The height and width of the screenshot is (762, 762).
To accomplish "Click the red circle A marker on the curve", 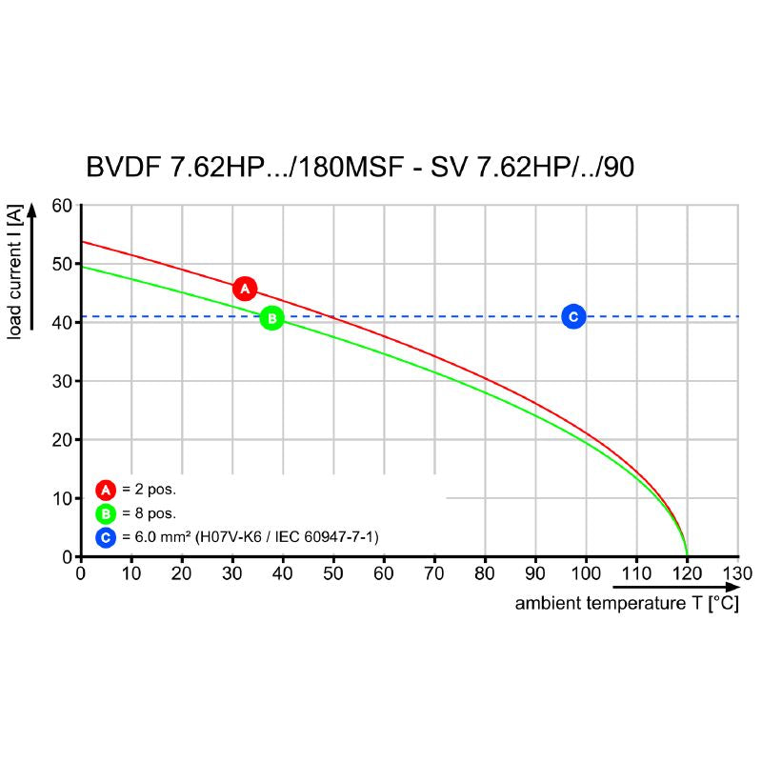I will coord(245,288).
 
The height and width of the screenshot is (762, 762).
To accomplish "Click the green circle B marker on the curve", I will coord(271,317).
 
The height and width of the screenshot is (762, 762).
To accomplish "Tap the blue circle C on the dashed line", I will coord(572,317).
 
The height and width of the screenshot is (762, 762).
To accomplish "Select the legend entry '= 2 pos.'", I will coord(150,491).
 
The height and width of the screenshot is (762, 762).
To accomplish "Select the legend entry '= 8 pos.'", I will coord(150,514).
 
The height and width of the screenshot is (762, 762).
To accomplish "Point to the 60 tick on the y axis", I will coord(61,206).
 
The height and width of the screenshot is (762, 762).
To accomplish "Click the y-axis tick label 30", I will coord(61,381).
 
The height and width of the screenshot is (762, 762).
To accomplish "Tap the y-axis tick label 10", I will coord(61,498).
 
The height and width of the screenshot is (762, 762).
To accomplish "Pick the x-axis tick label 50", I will coord(333,574).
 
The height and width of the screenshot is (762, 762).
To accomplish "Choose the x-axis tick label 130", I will coord(737,574).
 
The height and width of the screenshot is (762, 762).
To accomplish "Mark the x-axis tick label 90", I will coord(535,574).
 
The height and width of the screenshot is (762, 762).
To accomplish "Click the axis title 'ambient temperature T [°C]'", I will coord(626,604).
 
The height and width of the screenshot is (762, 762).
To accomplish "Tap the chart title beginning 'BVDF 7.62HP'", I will coord(360,168).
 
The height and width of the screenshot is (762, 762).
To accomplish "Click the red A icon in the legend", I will coord(105,491).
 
